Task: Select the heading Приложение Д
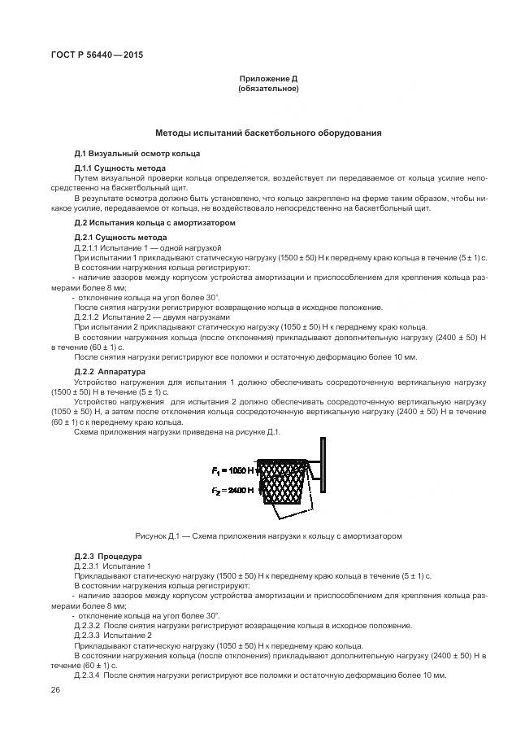[x=268, y=78]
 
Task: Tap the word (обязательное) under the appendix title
[x=268, y=89]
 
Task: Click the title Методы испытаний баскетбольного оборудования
[x=268, y=132]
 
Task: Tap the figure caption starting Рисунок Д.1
[x=268, y=536]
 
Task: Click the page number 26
[x=55, y=690]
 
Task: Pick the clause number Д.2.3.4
[x=87, y=675]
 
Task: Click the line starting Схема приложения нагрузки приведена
[x=177, y=431]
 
